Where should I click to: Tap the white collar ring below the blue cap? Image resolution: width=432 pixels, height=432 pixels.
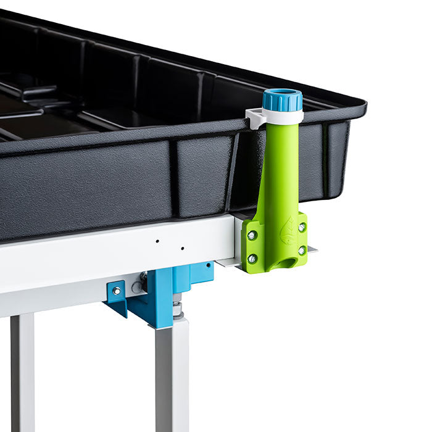283,116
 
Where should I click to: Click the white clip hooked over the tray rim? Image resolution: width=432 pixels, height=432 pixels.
254,117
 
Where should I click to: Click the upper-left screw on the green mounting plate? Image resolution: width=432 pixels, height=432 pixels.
251,235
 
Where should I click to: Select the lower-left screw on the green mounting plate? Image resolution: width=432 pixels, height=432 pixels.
252,259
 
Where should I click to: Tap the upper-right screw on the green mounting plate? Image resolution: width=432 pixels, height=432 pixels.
301,227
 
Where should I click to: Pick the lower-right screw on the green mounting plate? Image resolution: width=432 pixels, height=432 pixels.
302,250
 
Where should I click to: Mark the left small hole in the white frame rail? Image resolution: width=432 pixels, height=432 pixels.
157,241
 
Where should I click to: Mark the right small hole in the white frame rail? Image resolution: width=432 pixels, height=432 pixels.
182,248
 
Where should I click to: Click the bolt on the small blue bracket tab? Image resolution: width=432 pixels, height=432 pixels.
115,291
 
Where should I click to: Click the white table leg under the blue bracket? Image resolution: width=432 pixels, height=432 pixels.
172,376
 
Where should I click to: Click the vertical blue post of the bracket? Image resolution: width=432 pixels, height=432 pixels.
164,296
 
